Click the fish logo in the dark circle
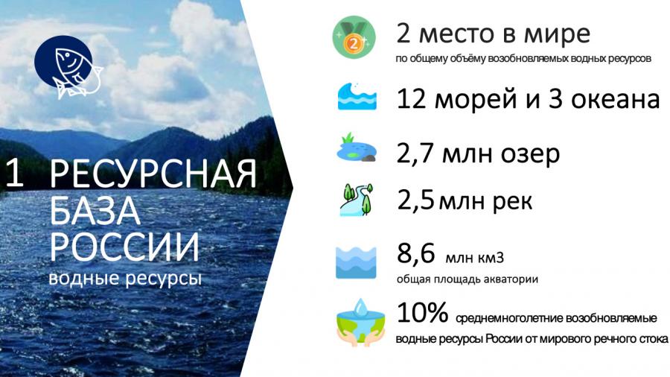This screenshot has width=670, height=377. (68, 66)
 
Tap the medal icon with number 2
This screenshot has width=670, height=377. (354, 37)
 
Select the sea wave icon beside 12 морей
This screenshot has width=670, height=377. (357, 96)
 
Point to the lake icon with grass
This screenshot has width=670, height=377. (357, 148)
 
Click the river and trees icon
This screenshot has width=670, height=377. (357, 200)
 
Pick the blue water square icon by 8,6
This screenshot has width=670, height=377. (356, 262)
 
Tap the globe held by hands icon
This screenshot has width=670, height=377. (360, 323)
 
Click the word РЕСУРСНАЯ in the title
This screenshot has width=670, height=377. (153, 174)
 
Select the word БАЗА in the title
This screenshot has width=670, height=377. (95, 210)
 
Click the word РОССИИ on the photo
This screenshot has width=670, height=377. (124, 247)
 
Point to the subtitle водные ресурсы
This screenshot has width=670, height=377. (125, 278)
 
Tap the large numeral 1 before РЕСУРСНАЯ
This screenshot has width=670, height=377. (15, 173)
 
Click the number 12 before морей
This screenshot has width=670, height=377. (412, 98)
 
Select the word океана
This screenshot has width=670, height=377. (616, 99)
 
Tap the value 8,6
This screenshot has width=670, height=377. (415, 253)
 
